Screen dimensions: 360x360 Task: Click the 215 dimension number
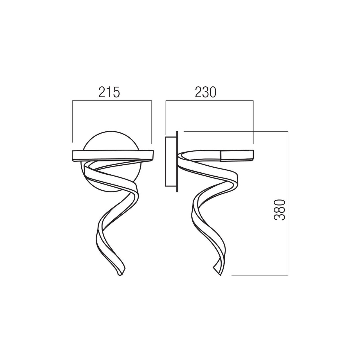pos(109,92)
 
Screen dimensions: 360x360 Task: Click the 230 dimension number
pos(206,92)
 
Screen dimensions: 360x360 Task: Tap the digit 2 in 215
pos(102,92)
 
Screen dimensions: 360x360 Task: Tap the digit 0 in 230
pos(213,92)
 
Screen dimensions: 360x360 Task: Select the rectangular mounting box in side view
pos(171,162)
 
